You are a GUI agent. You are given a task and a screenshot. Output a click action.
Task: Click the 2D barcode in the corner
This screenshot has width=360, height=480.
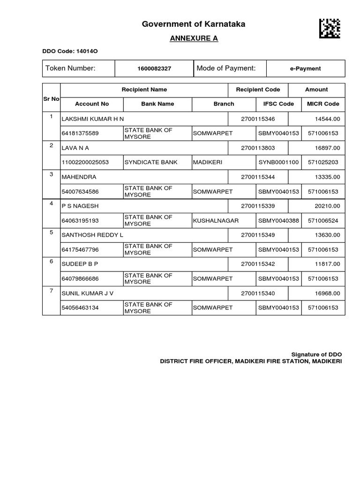point(330,28)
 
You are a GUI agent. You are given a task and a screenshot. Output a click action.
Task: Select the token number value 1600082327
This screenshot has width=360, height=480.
point(154,68)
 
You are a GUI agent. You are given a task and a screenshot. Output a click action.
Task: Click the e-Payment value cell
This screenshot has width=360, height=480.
point(305,68)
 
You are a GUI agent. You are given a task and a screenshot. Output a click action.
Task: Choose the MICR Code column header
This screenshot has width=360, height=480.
point(322,104)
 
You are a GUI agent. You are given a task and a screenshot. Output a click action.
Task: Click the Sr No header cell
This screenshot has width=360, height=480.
point(51,99)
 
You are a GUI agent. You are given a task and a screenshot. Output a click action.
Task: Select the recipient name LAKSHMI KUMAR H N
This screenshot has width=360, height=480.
point(93,120)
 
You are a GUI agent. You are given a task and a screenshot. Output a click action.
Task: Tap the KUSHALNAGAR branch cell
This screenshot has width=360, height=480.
point(216,220)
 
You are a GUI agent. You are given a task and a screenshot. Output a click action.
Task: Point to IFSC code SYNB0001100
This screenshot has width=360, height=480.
point(278,162)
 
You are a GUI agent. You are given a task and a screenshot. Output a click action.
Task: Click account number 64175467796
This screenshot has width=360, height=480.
point(80,249)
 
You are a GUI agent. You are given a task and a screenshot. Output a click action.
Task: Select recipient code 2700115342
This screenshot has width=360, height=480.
point(258,264)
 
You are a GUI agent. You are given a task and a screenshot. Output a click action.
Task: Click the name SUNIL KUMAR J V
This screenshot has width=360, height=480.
point(88,293)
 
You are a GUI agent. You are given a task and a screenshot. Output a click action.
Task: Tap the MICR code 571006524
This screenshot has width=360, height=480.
point(322,220)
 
